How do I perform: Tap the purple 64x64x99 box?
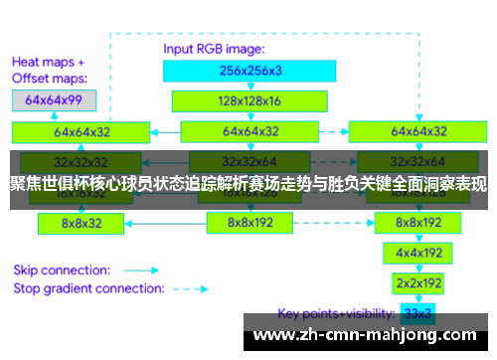tap(55, 100)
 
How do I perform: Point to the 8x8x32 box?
tap(82, 224)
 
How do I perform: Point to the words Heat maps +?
tap(48, 59)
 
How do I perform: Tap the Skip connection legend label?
tap(62, 269)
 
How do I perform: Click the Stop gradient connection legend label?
tap(88, 288)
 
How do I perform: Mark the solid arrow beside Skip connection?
tap(141, 269)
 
